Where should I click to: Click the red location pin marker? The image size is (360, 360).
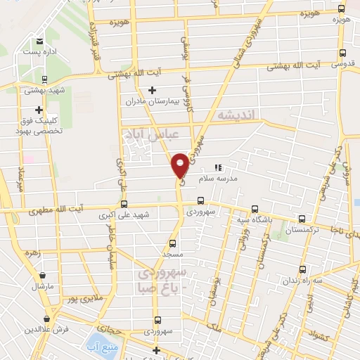click(181, 165)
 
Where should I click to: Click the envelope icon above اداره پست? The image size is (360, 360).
click(39, 41)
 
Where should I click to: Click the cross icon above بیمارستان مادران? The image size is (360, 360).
click(153, 90)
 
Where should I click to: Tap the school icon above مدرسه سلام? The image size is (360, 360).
click(218, 168)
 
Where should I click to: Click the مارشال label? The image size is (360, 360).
click(43, 288)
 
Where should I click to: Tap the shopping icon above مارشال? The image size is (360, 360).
click(45, 276)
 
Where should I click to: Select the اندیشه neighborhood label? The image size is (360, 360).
click(238, 114)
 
